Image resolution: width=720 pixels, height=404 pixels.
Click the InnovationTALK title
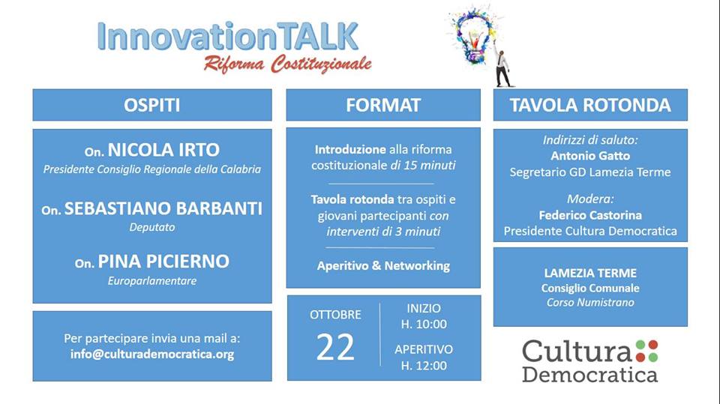(x=228, y=36)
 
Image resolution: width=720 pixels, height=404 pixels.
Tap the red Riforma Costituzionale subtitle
(x=288, y=64)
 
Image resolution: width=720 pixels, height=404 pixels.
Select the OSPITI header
(x=152, y=105)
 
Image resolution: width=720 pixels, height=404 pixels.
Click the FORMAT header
(x=383, y=105)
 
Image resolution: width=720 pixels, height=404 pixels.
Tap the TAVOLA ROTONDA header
(x=590, y=105)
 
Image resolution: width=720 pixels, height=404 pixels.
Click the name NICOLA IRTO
(x=163, y=150)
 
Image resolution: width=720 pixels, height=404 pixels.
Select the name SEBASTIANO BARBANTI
(x=163, y=208)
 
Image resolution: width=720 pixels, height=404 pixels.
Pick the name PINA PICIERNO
(x=163, y=262)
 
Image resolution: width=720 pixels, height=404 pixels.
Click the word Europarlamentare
(x=152, y=280)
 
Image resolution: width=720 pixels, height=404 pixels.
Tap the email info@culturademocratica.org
(x=152, y=354)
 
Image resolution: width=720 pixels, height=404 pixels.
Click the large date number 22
(x=335, y=347)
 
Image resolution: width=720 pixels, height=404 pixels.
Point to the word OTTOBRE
(x=335, y=315)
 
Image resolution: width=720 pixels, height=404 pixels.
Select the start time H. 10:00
(x=423, y=324)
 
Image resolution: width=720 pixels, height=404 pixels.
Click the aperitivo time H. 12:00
(x=423, y=366)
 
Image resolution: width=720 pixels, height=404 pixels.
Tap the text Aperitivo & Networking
(x=383, y=265)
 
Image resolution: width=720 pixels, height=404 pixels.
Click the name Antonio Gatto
(x=590, y=156)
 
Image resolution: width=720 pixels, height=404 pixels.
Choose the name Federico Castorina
(x=590, y=215)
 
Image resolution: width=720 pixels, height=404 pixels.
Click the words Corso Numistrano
(x=590, y=302)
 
